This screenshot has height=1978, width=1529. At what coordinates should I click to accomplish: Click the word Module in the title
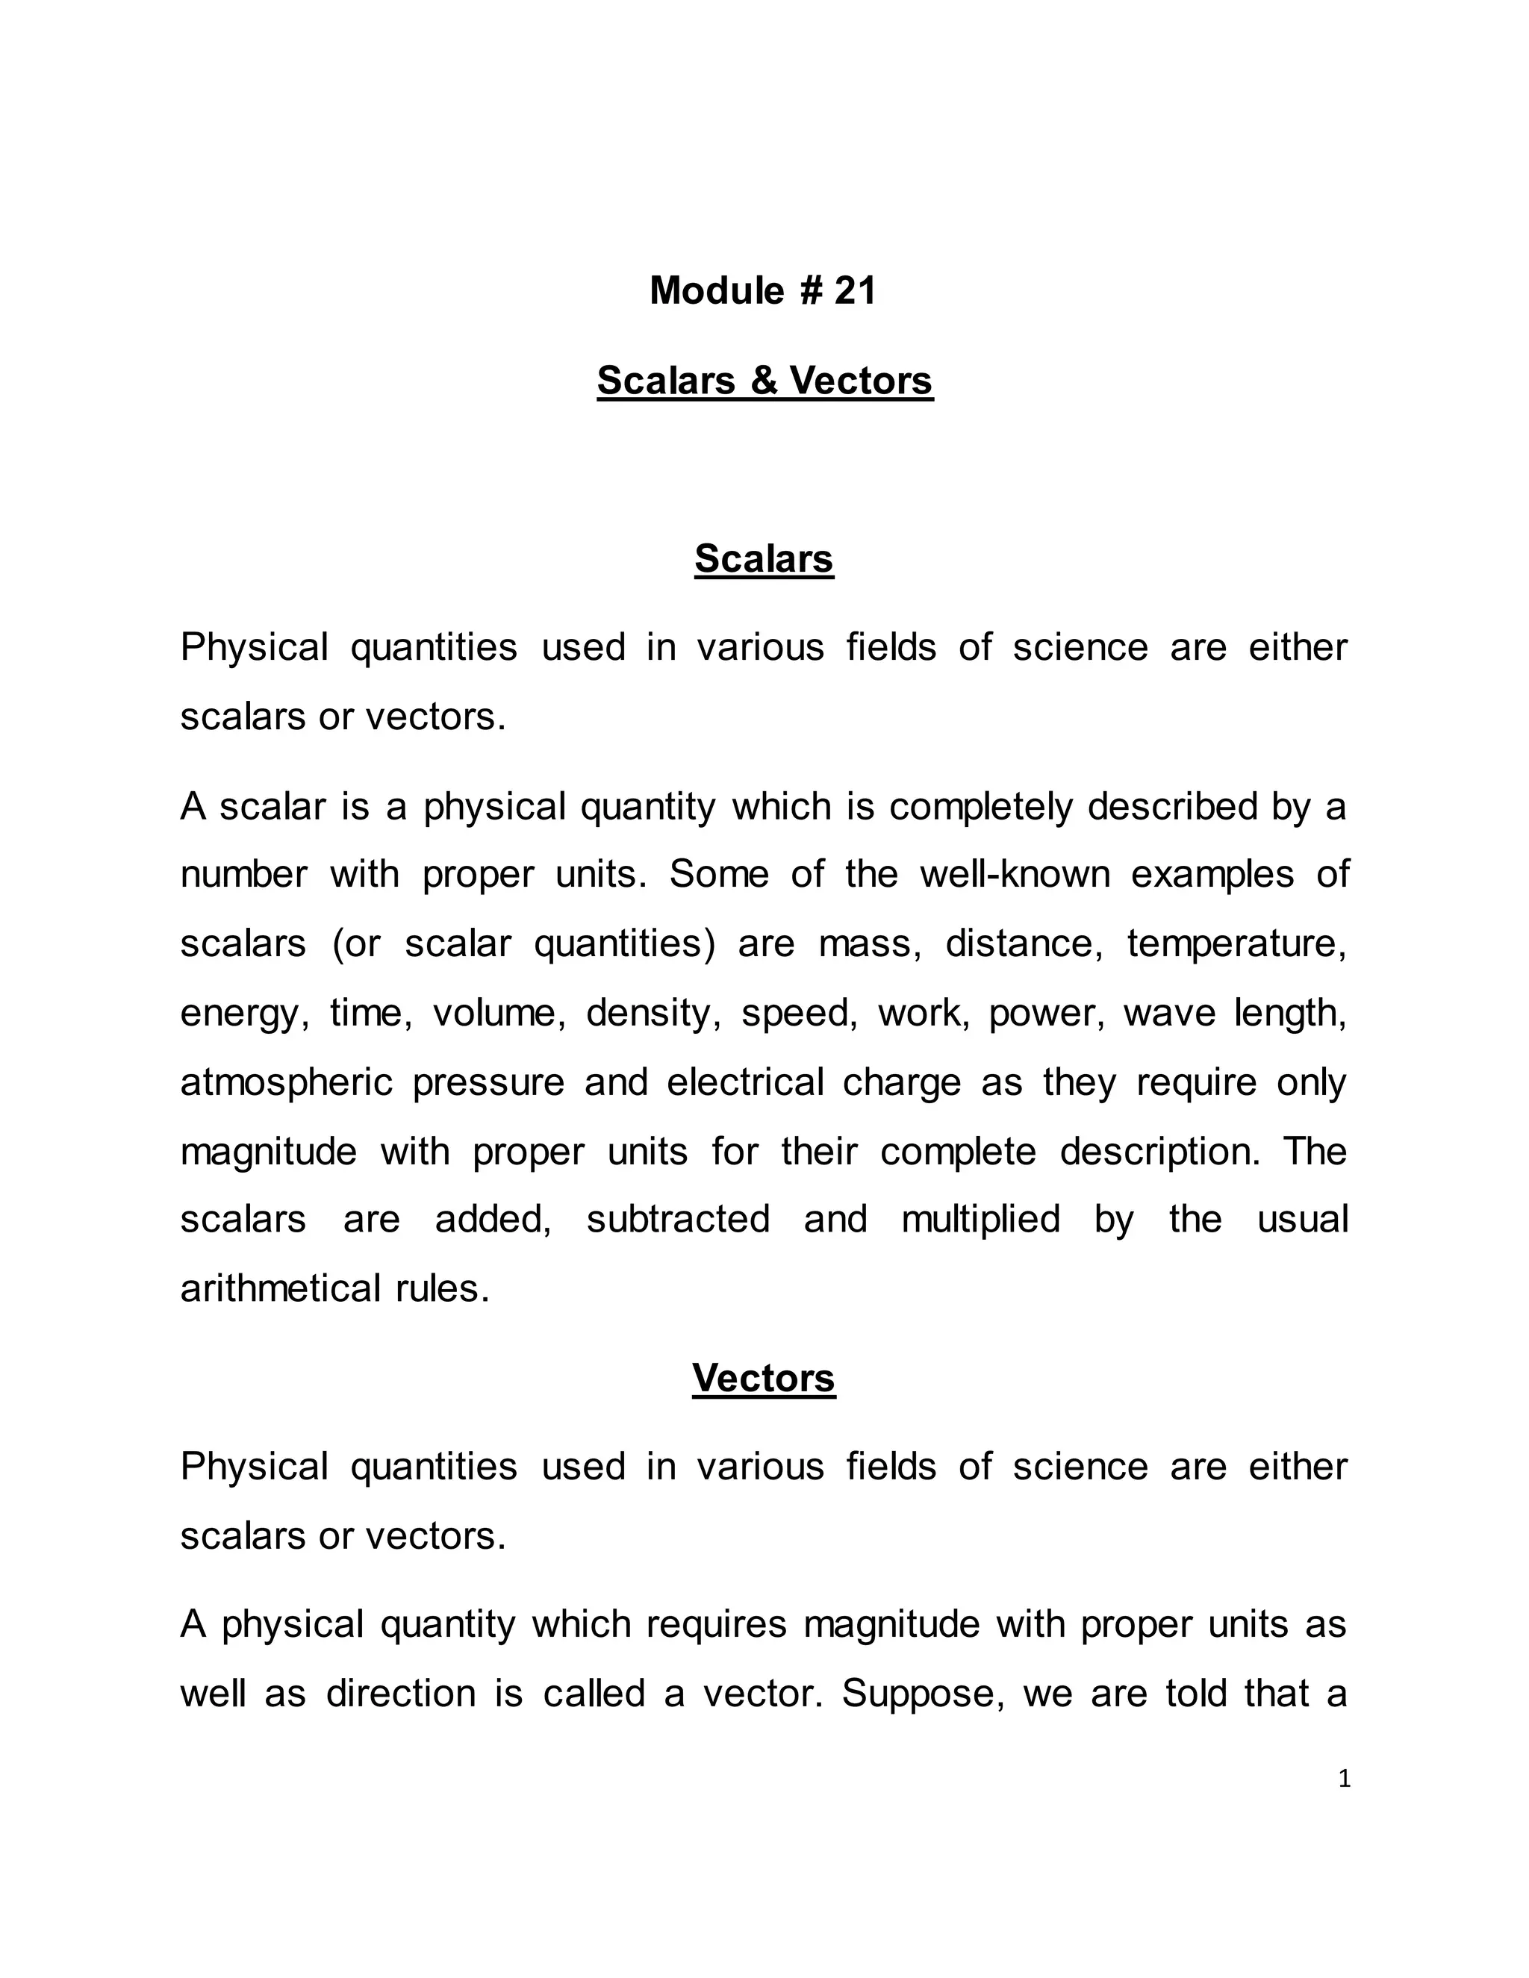pyautogui.click(x=717, y=290)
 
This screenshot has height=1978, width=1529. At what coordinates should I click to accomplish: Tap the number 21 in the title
pyautogui.click(x=855, y=290)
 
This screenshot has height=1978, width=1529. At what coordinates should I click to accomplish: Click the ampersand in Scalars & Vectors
pyautogui.click(x=764, y=381)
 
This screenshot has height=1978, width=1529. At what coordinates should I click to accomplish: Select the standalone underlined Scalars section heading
pyautogui.click(x=764, y=559)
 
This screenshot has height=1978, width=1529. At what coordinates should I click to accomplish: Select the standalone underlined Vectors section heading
pyautogui.click(x=764, y=1379)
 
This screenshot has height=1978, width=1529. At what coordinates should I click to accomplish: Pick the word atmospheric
pyautogui.click(x=286, y=1082)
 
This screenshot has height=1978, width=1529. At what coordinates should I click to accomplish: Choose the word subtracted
pyautogui.click(x=679, y=1219)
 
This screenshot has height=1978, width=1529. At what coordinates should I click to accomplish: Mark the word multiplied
pyautogui.click(x=980, y=1219)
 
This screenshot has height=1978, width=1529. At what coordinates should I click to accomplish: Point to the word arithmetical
pyautogui.click(x=281, y=1289)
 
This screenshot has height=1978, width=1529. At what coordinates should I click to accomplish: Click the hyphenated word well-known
pyautogui.click(x=1015, y=875)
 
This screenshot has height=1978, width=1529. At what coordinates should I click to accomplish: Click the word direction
pyautogui.click(x=400, y=1694)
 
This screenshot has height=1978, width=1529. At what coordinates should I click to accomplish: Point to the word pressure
pyautogui.click(x=488, y=1082)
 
